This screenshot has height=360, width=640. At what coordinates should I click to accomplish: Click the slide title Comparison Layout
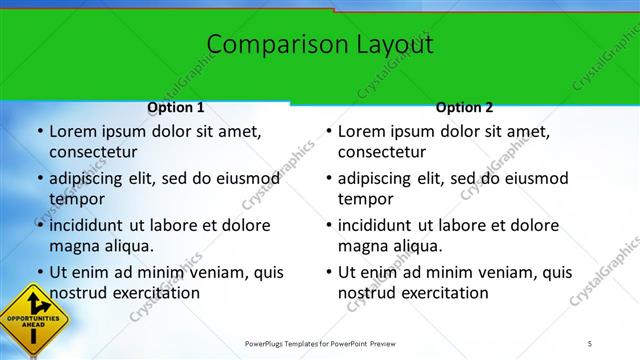point(320,45)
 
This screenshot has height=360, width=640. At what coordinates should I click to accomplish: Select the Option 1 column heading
point(175,107)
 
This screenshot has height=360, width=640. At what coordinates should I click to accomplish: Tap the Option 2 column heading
point(464,107)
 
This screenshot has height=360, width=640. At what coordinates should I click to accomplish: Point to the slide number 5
point(590,344)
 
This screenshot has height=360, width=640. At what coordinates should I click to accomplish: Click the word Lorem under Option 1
point(73,131)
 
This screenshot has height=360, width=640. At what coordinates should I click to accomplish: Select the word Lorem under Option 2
point(362,131)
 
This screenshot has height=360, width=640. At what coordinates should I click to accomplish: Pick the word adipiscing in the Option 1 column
point(90,178)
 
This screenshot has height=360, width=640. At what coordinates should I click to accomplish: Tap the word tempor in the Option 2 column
point(365,199)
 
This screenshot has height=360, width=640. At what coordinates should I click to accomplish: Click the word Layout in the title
point(394,45)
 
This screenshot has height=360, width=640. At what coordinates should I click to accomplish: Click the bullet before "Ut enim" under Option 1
point(38,272)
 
